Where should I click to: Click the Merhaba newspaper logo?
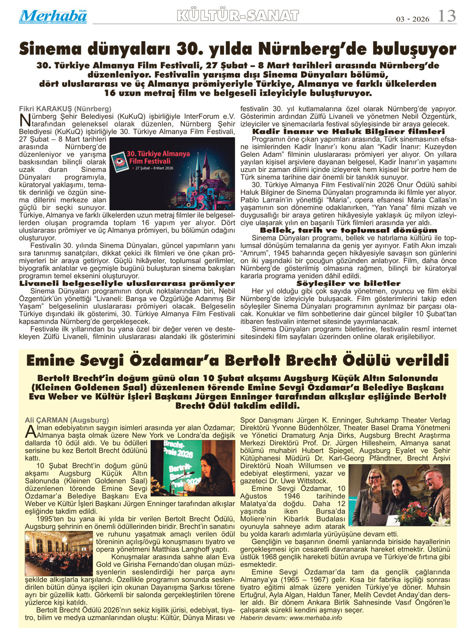(x=53, y=16)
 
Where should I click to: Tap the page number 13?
(x=447, y=16)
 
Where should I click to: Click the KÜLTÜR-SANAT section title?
(x=238, y=16)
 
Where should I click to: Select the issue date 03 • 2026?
(x=413, y=19)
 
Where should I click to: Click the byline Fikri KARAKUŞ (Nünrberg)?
(x=65, y=109)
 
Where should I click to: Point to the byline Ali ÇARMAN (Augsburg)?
(x=66, y=420)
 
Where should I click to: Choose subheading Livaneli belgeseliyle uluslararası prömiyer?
(x=127, y=284)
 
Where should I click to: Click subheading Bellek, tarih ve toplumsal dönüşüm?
(x=348, y=230)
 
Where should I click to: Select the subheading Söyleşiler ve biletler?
(x=348, y=284)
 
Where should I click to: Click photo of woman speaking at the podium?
(x=193, y=468)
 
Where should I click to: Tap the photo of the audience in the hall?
(x=59, y=553)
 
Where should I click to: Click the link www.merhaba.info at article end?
(x=316, y=618)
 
